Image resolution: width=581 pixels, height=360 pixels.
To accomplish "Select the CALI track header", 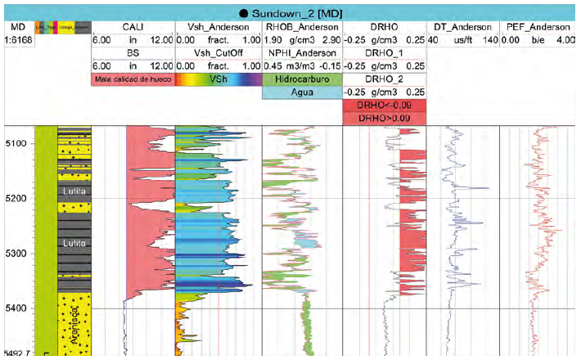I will click(133, 27).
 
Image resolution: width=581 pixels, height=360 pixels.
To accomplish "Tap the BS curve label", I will click(133, 53).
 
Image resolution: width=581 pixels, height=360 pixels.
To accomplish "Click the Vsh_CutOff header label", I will click(218, 53).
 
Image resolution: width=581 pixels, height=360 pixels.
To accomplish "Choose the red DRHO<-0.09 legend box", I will click(384, 106).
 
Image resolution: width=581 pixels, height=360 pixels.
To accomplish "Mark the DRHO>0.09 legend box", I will click(384, 119).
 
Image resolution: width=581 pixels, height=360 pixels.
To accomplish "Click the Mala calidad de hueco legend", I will click(133, 79).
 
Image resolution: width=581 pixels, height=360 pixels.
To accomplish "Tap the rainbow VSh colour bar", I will click(218, 79).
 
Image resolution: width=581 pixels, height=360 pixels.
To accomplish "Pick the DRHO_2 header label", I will click(384, 79).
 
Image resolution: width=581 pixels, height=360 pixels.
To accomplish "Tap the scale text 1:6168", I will click(16, 40).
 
